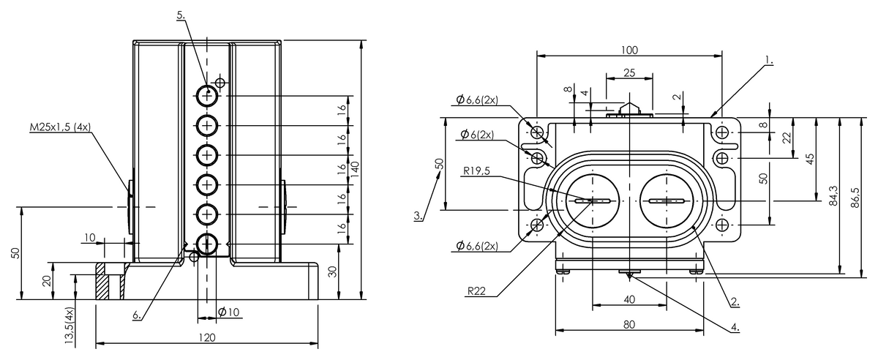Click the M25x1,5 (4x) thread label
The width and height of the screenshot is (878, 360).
pyautogui.click(x=60, y=127)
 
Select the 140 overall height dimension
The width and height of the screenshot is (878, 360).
pyautogui.click(x=355, y=169)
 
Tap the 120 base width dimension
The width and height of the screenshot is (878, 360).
pyautogui.click(x=207, y=337)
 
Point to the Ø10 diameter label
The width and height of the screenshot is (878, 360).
pyautogui.click(x=228, y=312)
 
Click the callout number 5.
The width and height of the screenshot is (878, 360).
pyautogui.click(x=181, y=15)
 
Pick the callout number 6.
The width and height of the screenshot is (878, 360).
pyautogui.click(x=137, y=315)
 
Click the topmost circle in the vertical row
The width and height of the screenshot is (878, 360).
pyautogui.click(x=207, y=95)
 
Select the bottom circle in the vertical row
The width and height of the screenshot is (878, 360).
pyautogui.click(x=207, y=244)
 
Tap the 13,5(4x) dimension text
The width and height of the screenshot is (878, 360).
pyautogui.click(x=70, y=326)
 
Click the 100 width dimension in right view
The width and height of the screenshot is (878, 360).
pyautogui.click(x=629, y=50)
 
